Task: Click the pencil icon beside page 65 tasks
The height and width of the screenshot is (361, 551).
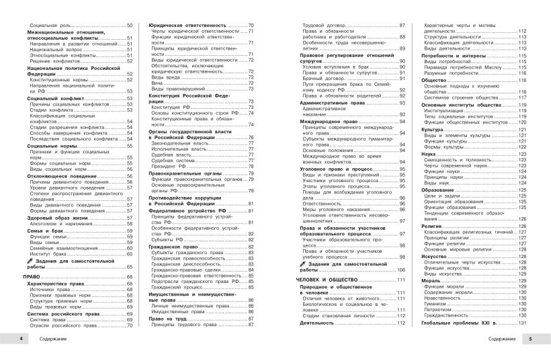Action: pyautogui.click(x=31, y=261)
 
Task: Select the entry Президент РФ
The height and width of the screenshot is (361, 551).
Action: pyautogui.click(x=171, y=165)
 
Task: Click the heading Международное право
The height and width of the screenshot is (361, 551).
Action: pyautogui.click(x=329, y=121)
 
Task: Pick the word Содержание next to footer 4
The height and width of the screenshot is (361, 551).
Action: pyautogui.click(x=52, y=337)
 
